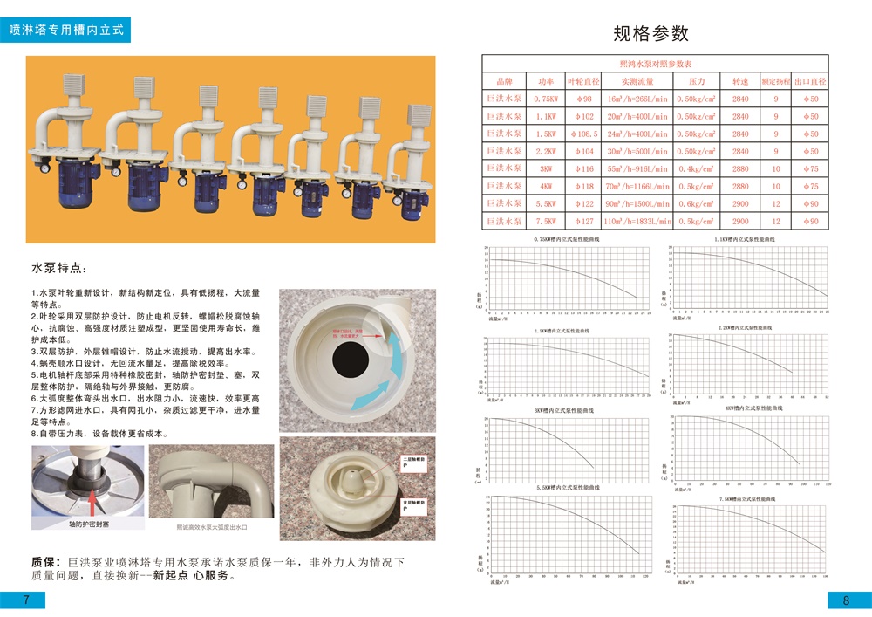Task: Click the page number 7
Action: tap(26, 600)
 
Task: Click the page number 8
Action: tap(846, 600)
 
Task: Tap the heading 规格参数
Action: tap(651, 34)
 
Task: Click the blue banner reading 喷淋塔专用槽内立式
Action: tap(73, 29)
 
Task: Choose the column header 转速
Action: tap(740, 81)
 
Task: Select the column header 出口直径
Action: tap(810, 81)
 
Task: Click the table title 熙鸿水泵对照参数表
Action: tap(655, 64)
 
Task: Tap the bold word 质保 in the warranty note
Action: tap(44, 562)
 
